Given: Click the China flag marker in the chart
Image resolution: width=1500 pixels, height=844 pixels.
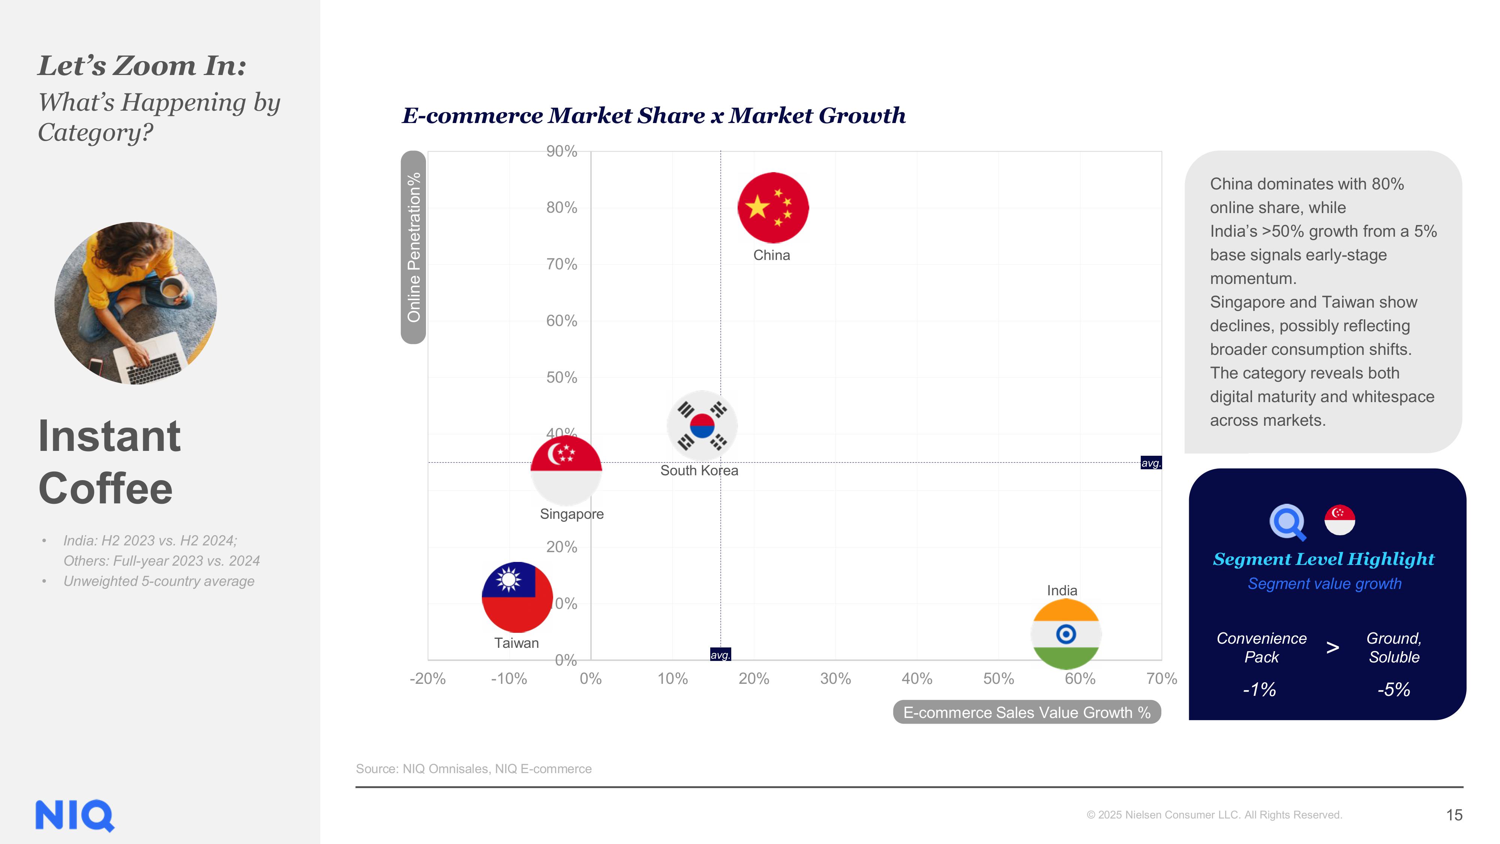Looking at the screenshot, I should tap(773, 207).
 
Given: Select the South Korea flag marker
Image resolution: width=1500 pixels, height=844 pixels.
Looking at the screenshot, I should tap(702, 426).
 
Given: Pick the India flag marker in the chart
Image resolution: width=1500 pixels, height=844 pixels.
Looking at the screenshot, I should tap(1066, 634).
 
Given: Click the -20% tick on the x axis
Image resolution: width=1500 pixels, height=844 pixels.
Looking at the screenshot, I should tap(427, 679).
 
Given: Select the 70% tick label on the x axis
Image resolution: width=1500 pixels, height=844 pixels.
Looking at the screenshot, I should tap(1161, 679).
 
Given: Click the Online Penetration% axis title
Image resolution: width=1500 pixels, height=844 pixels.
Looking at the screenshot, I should tap(413, 247).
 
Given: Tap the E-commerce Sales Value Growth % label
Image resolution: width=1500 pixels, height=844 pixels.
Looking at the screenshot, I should tap(1027, 712).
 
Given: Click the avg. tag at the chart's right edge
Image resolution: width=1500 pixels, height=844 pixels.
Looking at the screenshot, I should tap(1150, 463).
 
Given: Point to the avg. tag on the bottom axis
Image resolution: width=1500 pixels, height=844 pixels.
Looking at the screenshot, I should tap(720, 655).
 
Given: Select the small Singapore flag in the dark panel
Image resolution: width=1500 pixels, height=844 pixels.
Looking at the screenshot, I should tap(1339, 520).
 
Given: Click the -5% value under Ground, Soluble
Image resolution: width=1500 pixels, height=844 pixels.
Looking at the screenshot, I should tap(1393, 690).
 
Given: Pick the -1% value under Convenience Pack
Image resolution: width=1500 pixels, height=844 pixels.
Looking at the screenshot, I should tap(1260, 690).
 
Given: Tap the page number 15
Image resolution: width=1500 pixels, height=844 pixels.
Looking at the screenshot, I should tap(1454, 815).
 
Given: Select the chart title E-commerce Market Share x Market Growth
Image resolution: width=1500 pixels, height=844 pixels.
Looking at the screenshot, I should tap(653, 115).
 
